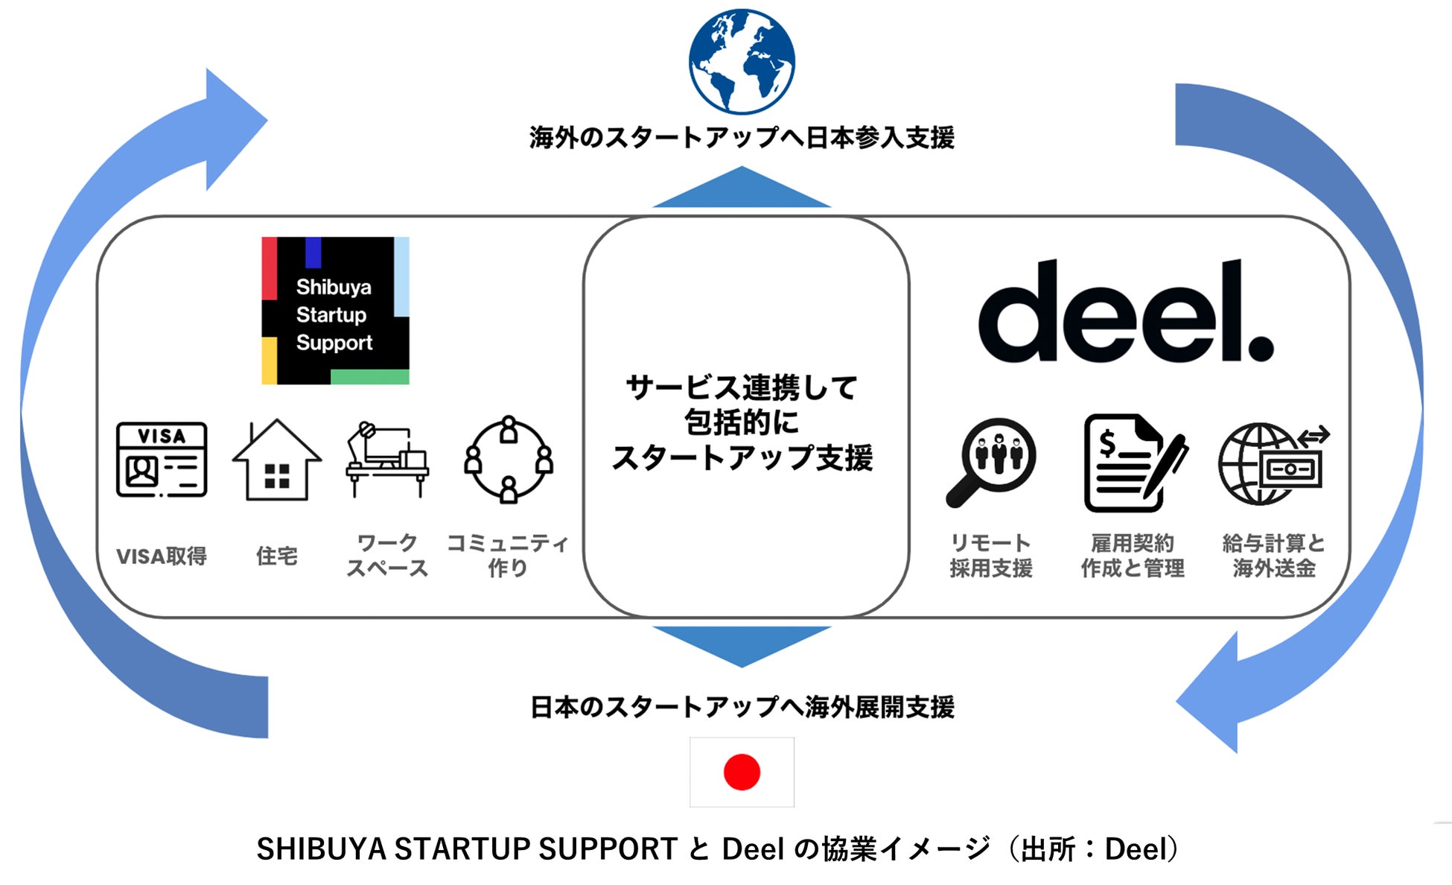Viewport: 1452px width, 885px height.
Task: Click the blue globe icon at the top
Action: click(742, 62)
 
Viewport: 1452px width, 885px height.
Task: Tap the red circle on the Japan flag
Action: click(742, 772)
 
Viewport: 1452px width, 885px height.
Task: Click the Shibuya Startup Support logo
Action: click(335, 311)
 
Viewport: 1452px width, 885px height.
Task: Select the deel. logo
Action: click(1125, 312)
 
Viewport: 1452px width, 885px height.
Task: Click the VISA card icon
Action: click(162, 460)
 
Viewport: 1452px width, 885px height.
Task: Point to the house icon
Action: click(277, 460)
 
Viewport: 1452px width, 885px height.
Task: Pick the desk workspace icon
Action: click(387, 460)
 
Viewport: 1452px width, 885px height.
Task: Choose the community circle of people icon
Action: click(509, 460)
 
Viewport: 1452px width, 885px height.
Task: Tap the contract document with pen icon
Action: click(1133, 463)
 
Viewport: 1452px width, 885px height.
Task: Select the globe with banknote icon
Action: click(1273, 463)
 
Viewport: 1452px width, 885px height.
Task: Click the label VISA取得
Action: click(162, 556)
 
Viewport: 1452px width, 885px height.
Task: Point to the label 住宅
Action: click(277, 556)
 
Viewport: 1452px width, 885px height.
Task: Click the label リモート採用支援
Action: click(991, 556)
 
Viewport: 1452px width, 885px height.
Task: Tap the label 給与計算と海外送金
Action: click(1273, 556)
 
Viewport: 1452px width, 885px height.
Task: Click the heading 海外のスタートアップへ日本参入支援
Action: click(742, 138)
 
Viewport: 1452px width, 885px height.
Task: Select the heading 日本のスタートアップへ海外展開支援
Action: click(742, 707)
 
